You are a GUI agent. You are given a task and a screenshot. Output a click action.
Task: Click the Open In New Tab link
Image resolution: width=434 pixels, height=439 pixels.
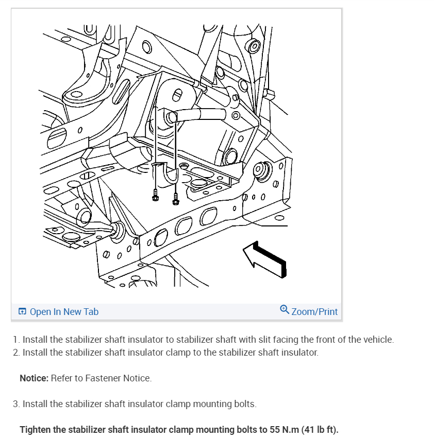(x=64, y=311)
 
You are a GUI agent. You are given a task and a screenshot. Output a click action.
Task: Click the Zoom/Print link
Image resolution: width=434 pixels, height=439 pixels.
(x=314, y=311)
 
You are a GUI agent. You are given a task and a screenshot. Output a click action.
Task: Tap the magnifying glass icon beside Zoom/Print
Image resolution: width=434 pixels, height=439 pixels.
(x=285, y=309)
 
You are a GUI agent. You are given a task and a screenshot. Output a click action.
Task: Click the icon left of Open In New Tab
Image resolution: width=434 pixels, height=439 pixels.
(x=22, y=311)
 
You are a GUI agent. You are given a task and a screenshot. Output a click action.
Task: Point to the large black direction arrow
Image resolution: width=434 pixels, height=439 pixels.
(x=265, y=259)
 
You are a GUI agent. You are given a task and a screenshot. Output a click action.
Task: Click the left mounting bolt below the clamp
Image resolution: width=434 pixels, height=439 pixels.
(x=155, y=196)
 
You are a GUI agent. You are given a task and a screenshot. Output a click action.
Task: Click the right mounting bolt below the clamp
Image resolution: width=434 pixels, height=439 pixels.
(x=176, y=199)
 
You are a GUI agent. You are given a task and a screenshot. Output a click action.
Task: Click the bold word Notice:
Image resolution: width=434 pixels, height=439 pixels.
(x=34, y=378)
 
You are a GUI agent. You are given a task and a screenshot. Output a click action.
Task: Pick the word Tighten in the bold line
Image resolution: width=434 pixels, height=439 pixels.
(x=35, y=430)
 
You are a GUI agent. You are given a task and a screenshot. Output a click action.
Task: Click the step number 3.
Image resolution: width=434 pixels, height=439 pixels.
(x=15, y=404)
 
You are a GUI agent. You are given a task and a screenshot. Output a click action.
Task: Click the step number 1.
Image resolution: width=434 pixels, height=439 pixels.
(x=15, y=340)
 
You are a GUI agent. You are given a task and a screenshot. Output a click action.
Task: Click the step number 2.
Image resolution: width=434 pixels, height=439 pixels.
(x=15, y=353)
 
